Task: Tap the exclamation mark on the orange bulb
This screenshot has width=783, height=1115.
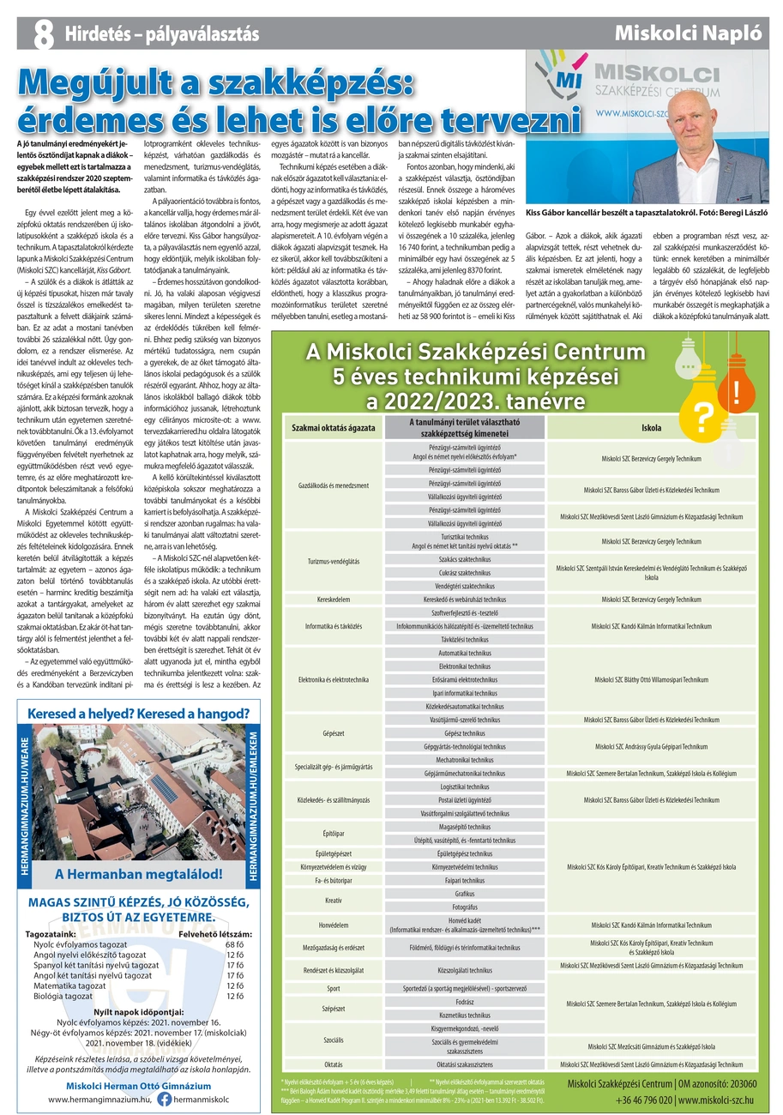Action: [737, 393]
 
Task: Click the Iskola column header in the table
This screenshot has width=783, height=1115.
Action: [651, 426]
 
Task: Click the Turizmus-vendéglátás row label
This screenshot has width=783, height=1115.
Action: [333, 561]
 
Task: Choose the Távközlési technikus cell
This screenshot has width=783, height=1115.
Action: [464, 640]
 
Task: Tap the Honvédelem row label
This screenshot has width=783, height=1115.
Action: [333, 925]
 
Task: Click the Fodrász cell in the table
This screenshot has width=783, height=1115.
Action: [464, 1001]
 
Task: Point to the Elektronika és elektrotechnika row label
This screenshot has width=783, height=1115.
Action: [333, 679]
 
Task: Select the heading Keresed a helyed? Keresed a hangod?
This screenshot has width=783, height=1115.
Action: [139, 714]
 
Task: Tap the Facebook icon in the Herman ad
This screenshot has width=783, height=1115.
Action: [163, 1099]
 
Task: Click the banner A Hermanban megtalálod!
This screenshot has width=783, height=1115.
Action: [139, 875]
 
